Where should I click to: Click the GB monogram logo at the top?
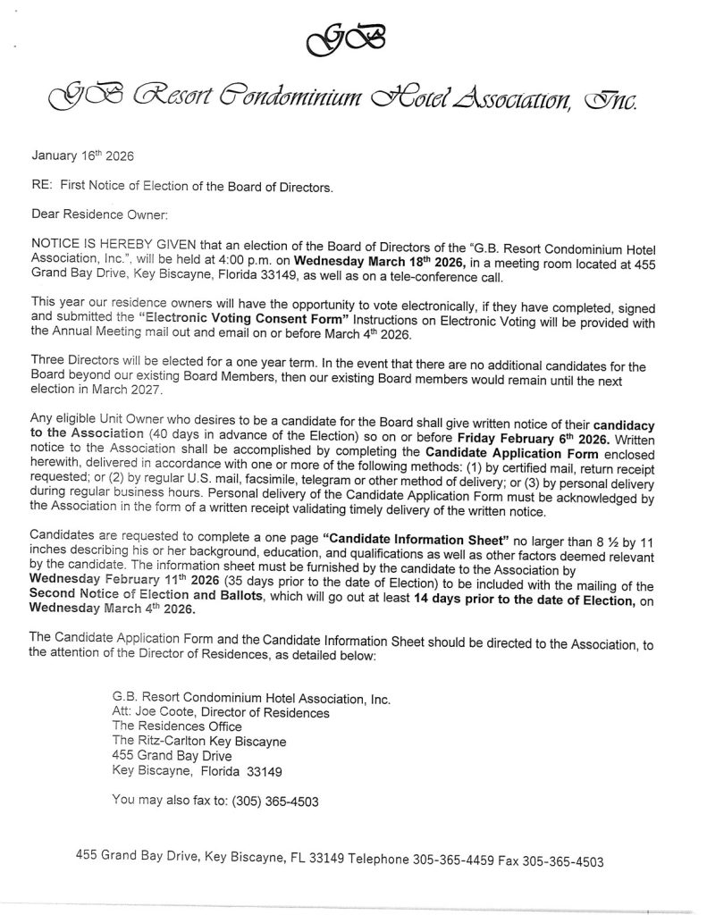352,37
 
